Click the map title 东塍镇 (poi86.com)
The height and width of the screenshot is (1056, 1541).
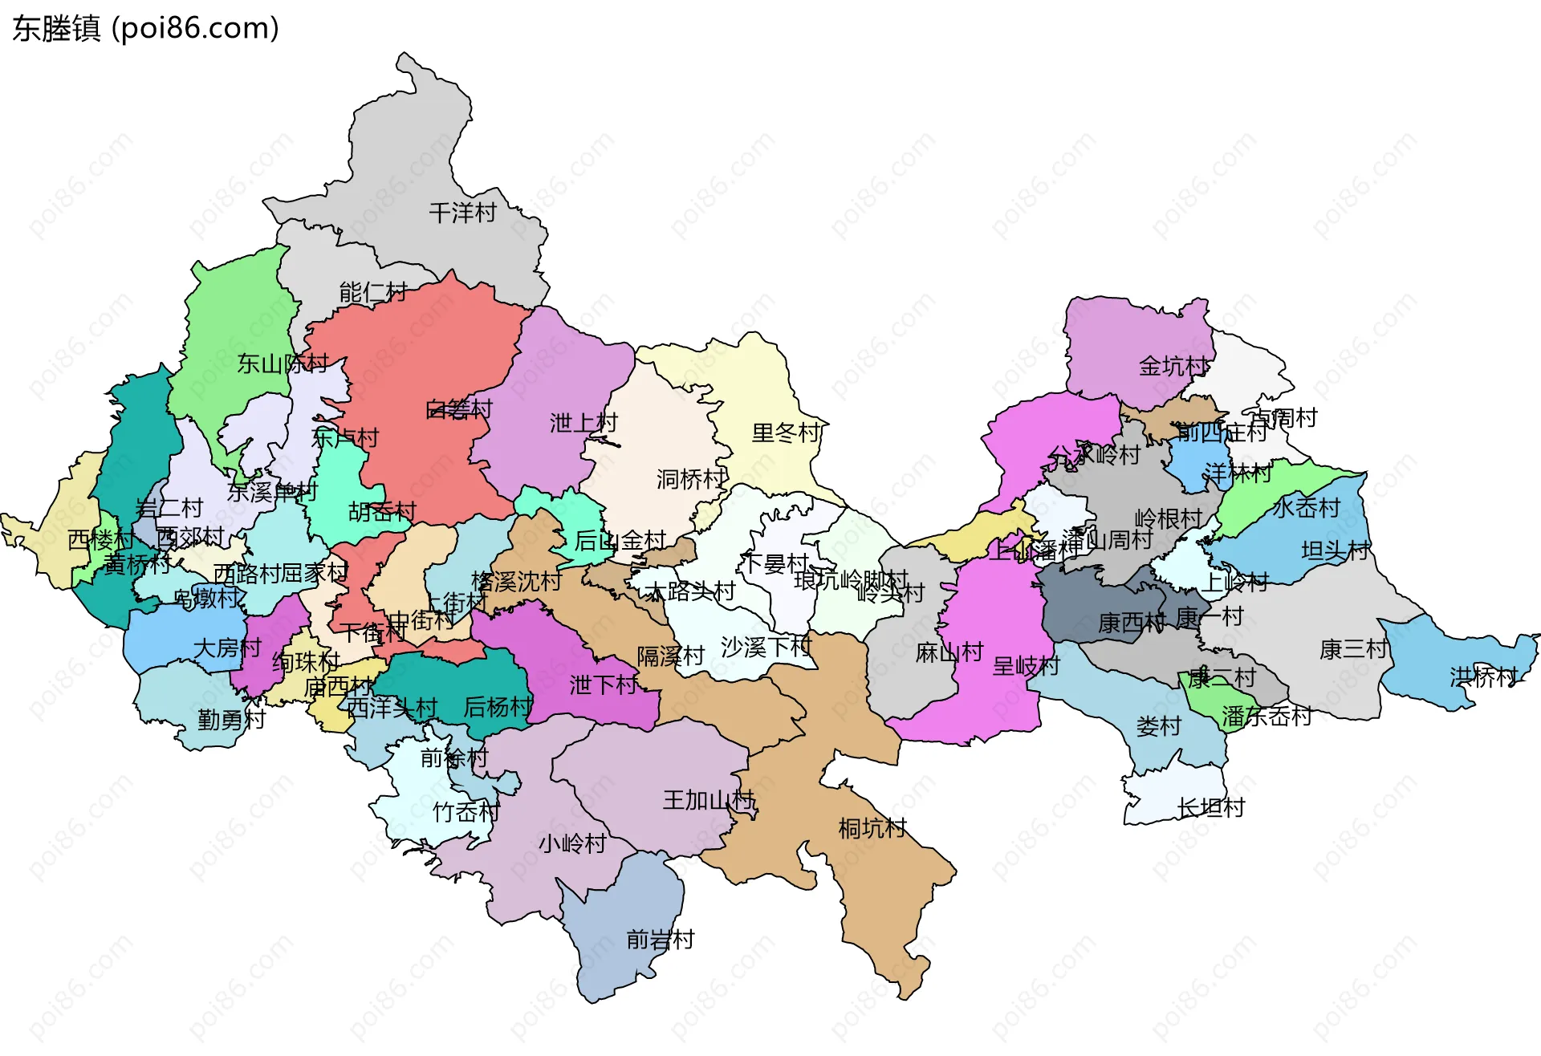pos(145,28)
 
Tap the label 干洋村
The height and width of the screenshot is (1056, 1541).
pos(462,213)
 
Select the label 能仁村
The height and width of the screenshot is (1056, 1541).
pos(373,292)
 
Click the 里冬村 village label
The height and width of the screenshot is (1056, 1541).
pos(787,433)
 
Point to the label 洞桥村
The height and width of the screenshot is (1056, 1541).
pos(691,480)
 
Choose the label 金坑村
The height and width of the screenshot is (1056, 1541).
pos(1173,367)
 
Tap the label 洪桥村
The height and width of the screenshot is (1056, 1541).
pos(1483,677)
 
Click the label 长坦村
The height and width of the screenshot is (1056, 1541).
pos(1210,807)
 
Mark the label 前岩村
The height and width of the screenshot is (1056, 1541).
pos(660,940)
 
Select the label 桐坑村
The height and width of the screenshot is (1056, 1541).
pos(872,828)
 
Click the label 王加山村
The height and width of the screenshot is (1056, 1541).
pos(709,800)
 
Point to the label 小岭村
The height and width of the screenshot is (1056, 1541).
pos(571,843)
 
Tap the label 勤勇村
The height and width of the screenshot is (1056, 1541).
pos(231,720)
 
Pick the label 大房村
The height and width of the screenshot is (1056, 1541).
pos(227,648)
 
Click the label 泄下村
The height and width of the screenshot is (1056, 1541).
pos(604,685)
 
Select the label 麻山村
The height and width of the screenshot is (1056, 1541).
pos(949,652)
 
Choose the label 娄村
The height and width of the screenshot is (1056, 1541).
pos(1158,726)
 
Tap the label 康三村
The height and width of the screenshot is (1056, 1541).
pos(1353,649)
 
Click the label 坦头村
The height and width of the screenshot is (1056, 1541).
pos(1335,550)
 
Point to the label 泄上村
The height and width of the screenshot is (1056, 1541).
pos(583,423)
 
